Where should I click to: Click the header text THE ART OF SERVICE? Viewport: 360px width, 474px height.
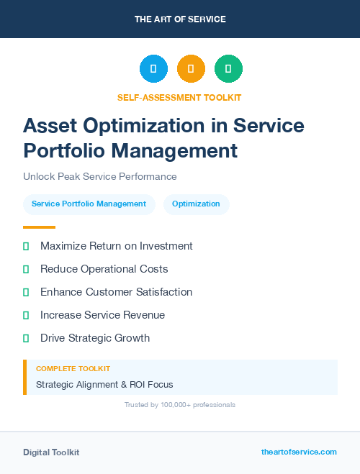coord(180,19)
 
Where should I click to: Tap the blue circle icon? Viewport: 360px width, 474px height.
coord(153,69)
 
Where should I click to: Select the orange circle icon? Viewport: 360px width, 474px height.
coord(191,69)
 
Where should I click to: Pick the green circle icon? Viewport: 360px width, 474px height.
coord(228,69)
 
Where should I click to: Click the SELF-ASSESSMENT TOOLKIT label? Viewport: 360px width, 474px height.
coord(179,97)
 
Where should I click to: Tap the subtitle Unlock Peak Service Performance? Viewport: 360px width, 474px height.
coord(99,176)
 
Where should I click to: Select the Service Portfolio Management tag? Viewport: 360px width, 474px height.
coord(89,204)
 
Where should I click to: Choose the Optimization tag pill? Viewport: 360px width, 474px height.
coord(196,204)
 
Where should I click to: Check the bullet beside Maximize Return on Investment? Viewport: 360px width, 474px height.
coord(26,246)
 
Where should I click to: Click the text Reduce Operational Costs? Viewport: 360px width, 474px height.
coord(104,269)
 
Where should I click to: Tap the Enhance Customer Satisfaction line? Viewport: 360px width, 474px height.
coord(116,292)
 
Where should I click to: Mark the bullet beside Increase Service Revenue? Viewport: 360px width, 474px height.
coord(26,315)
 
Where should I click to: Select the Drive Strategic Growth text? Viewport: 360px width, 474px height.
coord(95,338)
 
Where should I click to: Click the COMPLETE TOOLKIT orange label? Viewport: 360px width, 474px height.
coord(73,368)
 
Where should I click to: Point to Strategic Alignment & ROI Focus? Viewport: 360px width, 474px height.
coord(104,384)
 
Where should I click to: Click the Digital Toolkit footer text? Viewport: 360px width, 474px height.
coord(51,452)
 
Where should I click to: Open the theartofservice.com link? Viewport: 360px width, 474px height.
coord(299,452)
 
